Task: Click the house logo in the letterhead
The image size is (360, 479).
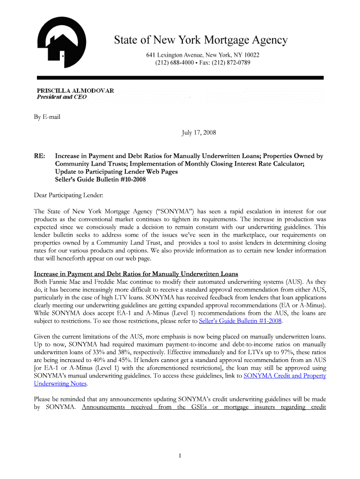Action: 61,43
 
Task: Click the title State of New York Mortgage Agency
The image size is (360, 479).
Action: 201,41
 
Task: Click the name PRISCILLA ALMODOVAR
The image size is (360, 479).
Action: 75,90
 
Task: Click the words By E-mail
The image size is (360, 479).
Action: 47,117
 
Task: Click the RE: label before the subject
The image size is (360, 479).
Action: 39,156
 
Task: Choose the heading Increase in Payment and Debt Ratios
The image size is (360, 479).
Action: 136,274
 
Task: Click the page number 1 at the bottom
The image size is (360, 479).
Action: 180,456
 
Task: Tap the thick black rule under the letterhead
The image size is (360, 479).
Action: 180,77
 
